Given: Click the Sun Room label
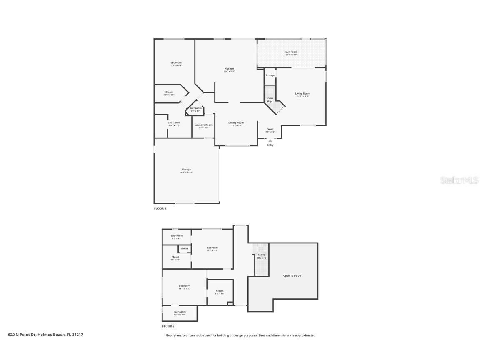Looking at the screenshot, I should coord(291,52).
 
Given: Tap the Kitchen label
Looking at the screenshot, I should coord(229,69).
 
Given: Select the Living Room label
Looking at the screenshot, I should coord(302,94).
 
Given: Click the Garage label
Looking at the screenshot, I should coord(186,170).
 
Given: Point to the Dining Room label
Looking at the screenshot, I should coord(236,123).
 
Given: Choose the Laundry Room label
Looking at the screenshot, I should coord(203,125).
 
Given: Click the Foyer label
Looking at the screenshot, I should coord(270,129).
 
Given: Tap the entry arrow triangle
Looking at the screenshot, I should coord(270,141).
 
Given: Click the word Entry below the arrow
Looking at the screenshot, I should coord(270,145).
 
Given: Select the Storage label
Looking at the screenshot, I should coord(270,75).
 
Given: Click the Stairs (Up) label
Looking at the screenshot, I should coord(270,100).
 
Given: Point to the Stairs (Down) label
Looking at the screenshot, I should coord(261,256).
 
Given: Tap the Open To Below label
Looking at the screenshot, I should coord(292,276).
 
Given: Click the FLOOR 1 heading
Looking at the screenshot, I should coord(160,208).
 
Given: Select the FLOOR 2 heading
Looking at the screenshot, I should coord(168,326).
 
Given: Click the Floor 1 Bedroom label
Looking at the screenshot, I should coord(176,63).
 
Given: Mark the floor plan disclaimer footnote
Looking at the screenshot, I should coord(240,335).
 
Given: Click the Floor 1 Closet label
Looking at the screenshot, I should coord(169,92).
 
